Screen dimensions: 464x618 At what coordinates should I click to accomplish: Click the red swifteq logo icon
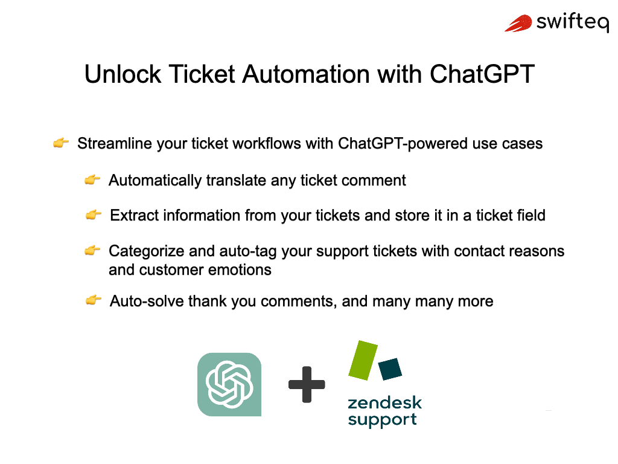coord(518,23)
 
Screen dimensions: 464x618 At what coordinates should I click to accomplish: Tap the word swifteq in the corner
coord(572,23)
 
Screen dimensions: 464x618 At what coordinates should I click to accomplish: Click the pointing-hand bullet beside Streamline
coord(61,144)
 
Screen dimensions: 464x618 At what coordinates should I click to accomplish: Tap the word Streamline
coord(115,144)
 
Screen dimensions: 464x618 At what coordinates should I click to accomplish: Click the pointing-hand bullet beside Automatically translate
coord(92,180)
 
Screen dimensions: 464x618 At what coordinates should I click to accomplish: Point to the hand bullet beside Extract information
coord(94,215)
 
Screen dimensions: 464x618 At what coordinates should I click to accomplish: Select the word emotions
coord(238,269)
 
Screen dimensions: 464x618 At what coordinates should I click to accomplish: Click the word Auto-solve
coord(147,301)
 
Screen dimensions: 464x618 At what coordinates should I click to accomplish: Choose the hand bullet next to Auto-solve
coord(94,300)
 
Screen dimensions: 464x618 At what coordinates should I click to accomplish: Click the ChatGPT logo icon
coord(229,384)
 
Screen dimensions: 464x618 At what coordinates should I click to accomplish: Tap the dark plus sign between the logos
coord(307,384)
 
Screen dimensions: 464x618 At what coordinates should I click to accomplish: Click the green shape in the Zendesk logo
coord(363,361)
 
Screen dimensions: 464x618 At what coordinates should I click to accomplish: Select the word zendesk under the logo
coord(384,403)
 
